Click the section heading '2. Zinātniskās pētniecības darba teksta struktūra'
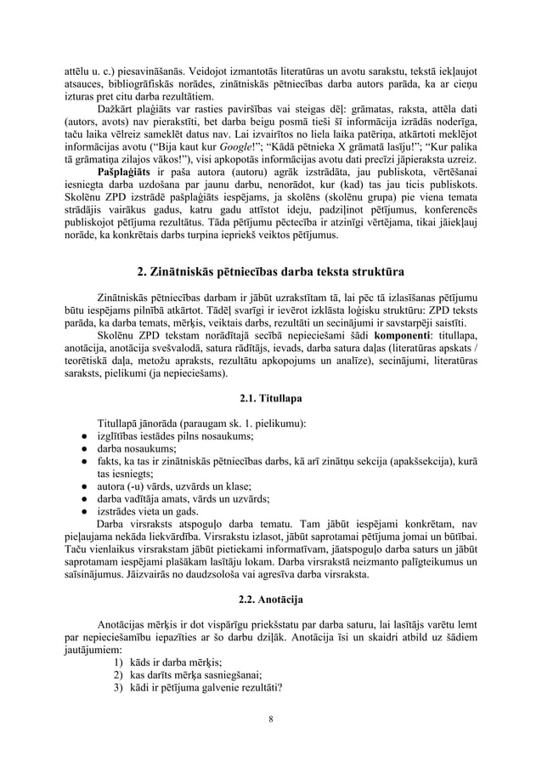[x=271, y=272]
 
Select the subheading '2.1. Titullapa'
[x=271, y=397]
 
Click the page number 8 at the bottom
[x=271, y=721]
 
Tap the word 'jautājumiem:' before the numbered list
[x=93, y=649]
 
